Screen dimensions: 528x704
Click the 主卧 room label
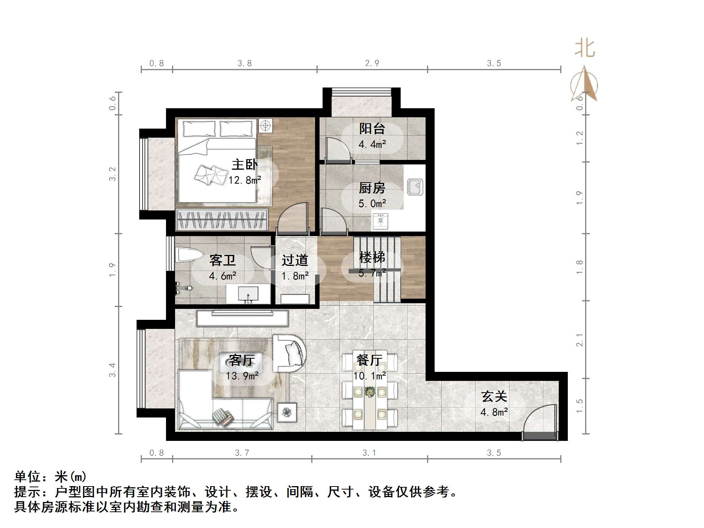tap(244, 164)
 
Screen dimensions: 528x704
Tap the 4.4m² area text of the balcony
tap(372, 144)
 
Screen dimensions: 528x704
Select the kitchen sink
tap(415, 187)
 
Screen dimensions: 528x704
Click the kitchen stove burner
tap(380, 221)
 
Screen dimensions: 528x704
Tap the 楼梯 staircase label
tap(372, 257)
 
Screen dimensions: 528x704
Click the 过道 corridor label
tap(295, 260)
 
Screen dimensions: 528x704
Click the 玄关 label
tap(494, 396)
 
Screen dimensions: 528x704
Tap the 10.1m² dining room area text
tap(369, 376)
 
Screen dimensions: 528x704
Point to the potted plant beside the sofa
tap(287, 412)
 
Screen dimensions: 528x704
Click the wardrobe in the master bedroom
tap(222, 219)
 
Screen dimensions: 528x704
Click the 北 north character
tap(584, 49)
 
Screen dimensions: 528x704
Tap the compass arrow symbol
tap(584, 85)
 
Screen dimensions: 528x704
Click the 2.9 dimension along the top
tap(372, 63)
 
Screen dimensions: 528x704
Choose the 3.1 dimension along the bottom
tap(369, 453)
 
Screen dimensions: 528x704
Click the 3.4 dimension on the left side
tap(112, 370)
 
